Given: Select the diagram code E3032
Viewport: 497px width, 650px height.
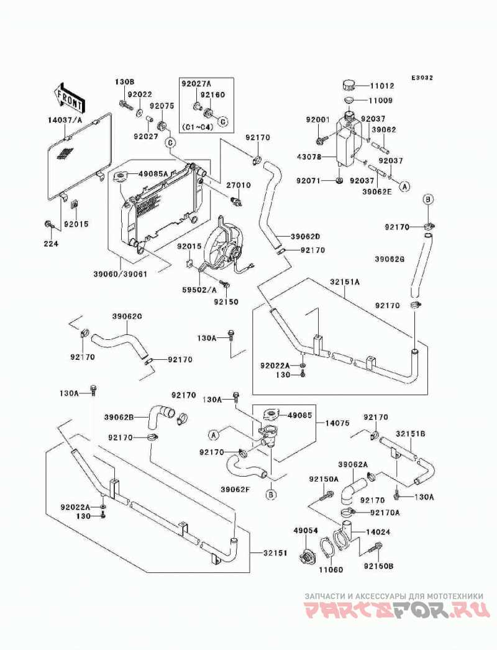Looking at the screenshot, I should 421,78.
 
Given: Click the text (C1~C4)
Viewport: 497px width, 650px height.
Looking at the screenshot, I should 198,127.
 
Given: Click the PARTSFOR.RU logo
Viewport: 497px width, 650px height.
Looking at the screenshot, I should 394,611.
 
